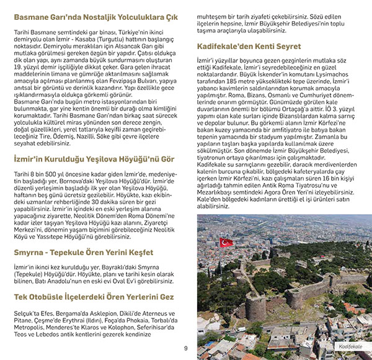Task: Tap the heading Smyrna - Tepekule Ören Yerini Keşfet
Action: click(83, 252)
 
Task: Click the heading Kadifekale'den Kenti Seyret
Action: click(249, 47)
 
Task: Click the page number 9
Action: click(185, 348)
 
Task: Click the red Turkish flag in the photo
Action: click(226, 241)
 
